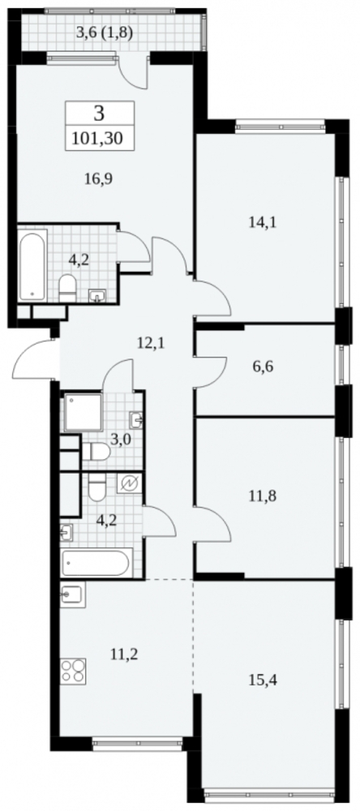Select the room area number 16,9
(x=98, y=179)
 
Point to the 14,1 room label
(x=264, y=222)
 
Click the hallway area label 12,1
(x=151, y=342)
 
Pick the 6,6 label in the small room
(x=264, y=367)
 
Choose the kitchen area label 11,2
(x=123, y=654)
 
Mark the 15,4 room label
(x=264, y=680)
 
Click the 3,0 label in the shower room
(x=120, y=440)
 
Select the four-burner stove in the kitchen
(x=72, y=672)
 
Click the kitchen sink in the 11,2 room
(x=72, y=594)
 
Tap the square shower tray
(x=83, y=412)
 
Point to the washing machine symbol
(x=129, y=483)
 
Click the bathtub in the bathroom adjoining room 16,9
(x=33, y=266)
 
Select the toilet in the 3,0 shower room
(x=96, y=452)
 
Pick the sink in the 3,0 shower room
(x=135, y=419)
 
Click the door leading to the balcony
(x=133, y=72)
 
